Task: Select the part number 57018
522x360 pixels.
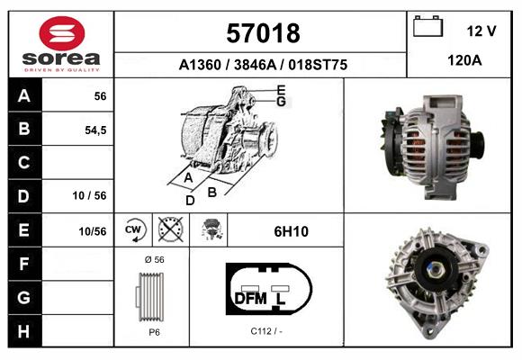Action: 261,34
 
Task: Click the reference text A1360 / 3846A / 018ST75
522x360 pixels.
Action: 261,66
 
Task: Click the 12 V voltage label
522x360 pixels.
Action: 481,31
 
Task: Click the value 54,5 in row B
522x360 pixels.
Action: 94,130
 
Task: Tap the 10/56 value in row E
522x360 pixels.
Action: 93,231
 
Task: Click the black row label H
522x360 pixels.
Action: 23,330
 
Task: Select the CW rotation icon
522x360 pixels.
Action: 134,229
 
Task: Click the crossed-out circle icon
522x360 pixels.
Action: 169,229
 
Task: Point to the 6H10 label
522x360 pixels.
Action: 291,231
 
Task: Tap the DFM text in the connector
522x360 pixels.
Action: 251,298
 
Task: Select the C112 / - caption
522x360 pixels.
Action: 267,330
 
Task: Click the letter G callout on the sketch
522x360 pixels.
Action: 281,102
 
